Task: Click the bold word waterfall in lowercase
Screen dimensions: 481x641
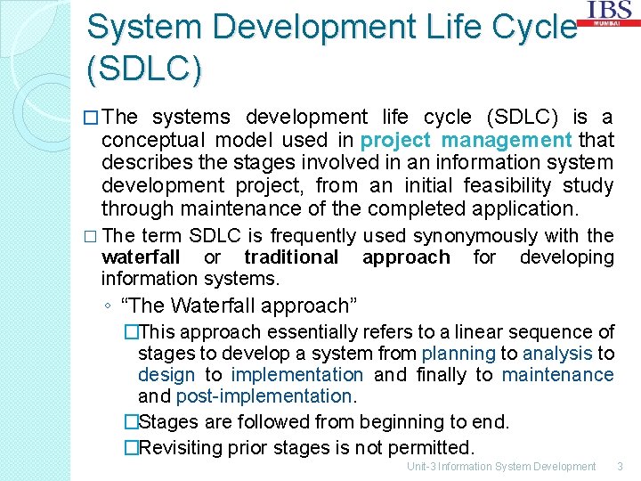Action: pos(140,257)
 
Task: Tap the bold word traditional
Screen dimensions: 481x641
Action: pos(291,257)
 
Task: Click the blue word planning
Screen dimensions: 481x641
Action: pos(458,354)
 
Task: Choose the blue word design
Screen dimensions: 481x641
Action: pos(166,375)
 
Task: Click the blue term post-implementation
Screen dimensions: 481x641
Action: pos(264,396)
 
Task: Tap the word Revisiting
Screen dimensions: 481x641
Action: pos(183,446)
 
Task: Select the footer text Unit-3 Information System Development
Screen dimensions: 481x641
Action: pos(500,467)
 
